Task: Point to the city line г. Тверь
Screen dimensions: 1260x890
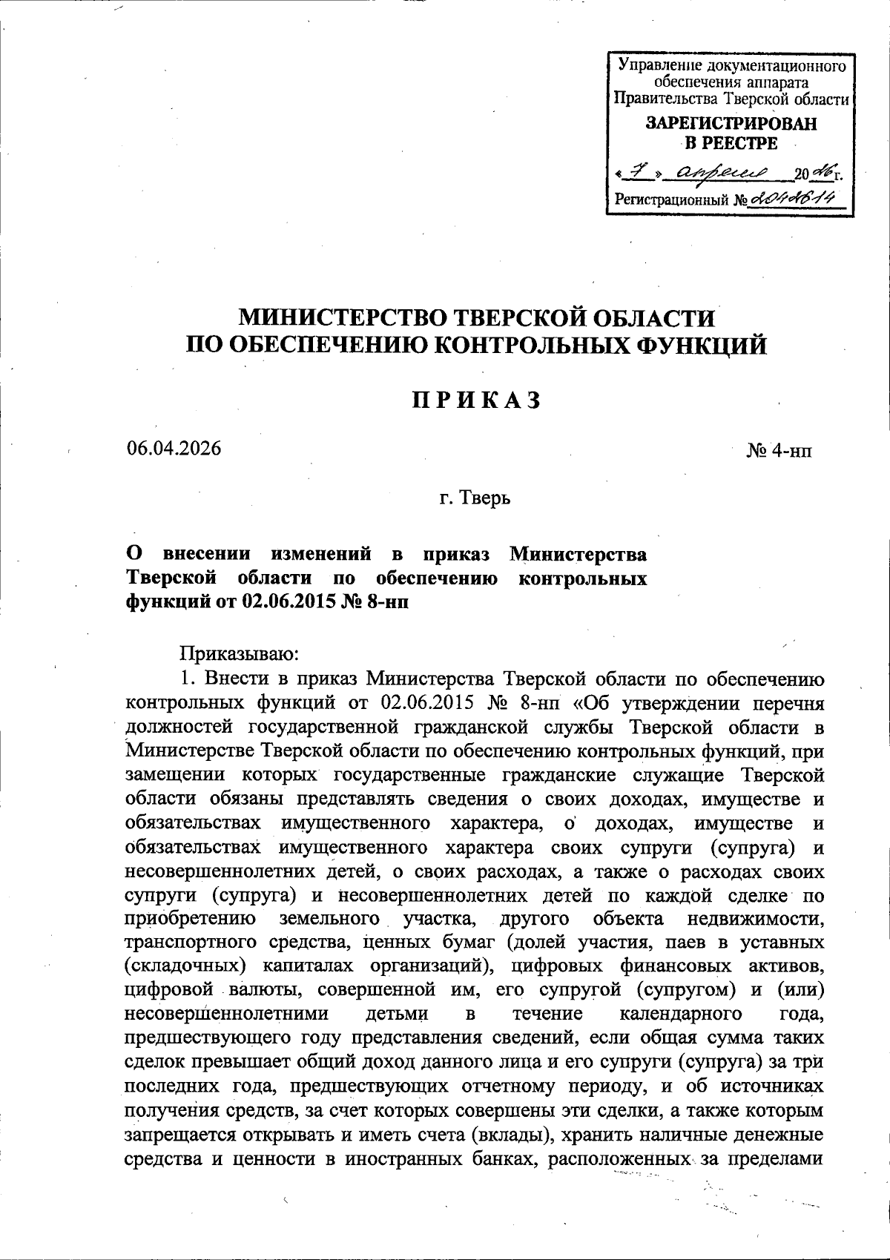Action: pos(475,497)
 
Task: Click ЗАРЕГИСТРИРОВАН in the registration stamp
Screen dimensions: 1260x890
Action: pos(731,124)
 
